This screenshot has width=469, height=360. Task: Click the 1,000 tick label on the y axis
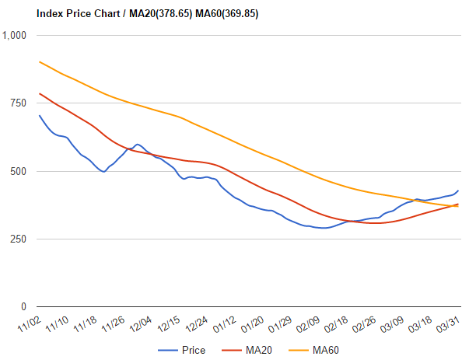(15, 36)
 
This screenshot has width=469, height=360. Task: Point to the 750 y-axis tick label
(18, 103)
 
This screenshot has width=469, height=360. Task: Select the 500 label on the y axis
(18, 171)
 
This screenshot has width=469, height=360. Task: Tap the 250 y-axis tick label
(18, 239)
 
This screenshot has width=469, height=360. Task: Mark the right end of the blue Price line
(458, 190)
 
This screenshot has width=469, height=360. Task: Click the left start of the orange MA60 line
(39, 61)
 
